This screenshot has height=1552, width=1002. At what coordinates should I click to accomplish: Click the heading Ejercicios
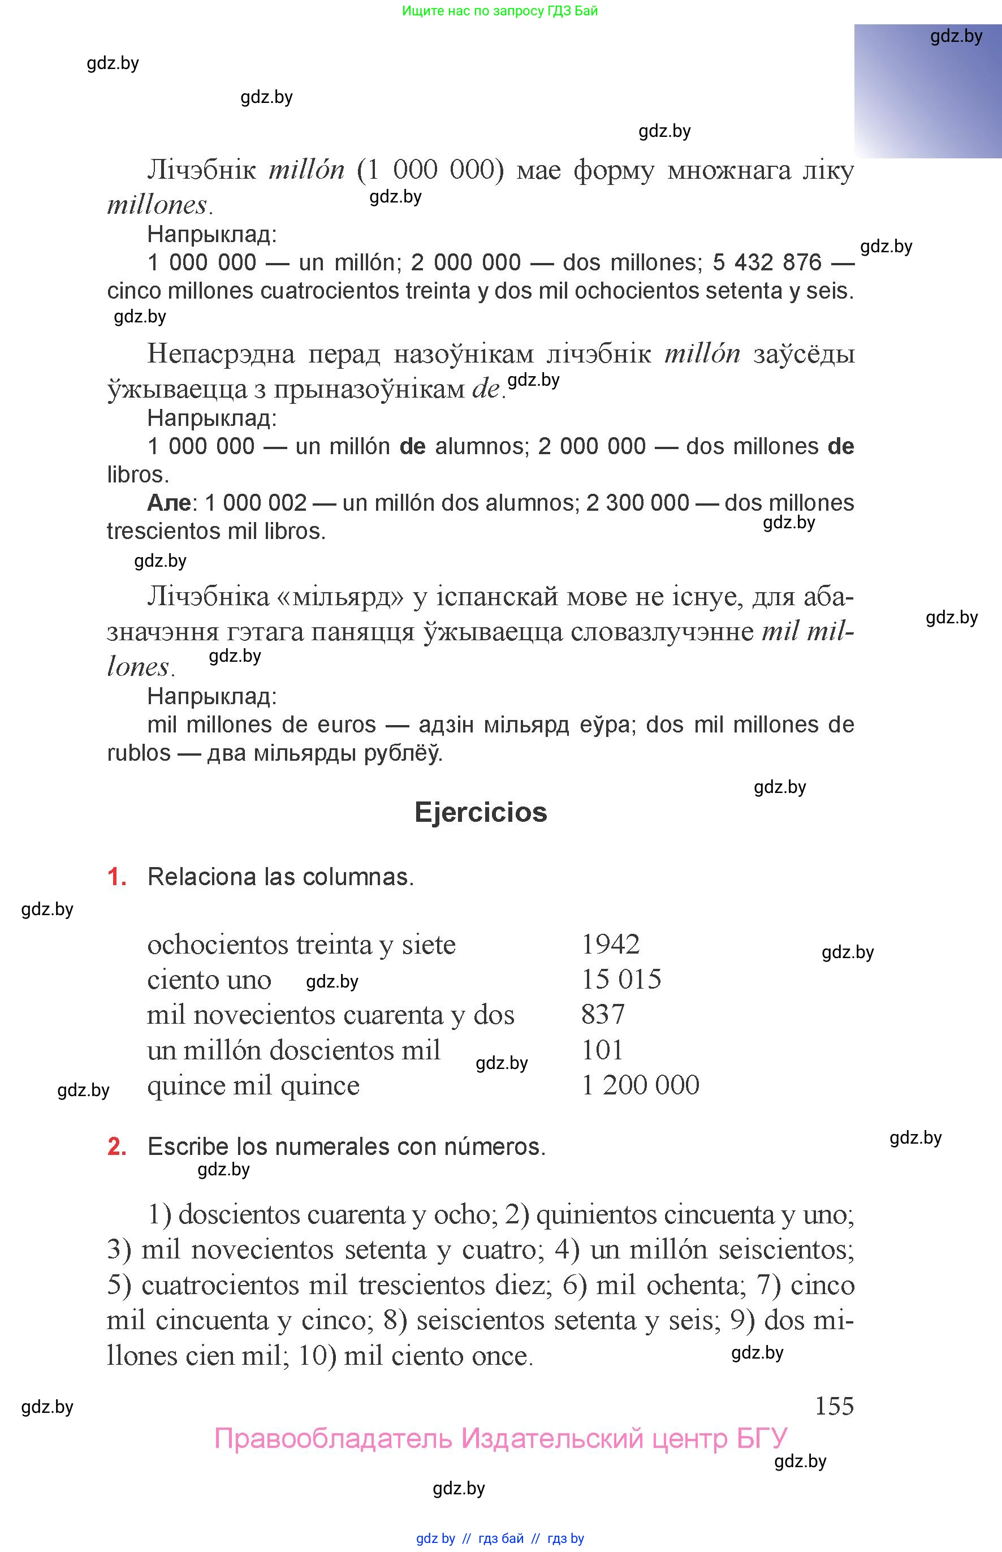point(481,812)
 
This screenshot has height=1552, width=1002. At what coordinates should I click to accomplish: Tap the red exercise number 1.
point(116,877)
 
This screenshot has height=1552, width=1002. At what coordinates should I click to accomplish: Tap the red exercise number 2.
point(116,1146)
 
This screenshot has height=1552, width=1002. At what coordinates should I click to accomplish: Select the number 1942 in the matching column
point(610,944)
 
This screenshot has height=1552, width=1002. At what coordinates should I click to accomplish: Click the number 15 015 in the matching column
point(621,980)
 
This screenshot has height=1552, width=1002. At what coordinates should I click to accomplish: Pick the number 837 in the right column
point(603,1015)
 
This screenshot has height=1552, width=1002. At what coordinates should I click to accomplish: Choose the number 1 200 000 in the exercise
point(640,1085)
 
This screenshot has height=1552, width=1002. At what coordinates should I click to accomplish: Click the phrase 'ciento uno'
point(209,980)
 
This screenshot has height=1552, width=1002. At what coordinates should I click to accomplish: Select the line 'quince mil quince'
point(253,1085)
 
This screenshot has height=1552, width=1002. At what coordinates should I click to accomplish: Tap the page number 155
point(834,1406)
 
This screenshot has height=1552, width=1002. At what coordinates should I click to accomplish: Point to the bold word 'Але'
point(169,502)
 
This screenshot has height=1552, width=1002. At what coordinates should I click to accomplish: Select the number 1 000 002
point(256,502)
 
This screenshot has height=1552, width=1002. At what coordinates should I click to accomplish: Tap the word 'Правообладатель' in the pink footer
point(332,1439)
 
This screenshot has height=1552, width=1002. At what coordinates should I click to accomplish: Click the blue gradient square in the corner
point(928,91)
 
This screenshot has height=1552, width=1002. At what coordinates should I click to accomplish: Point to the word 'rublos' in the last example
point(139,753)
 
